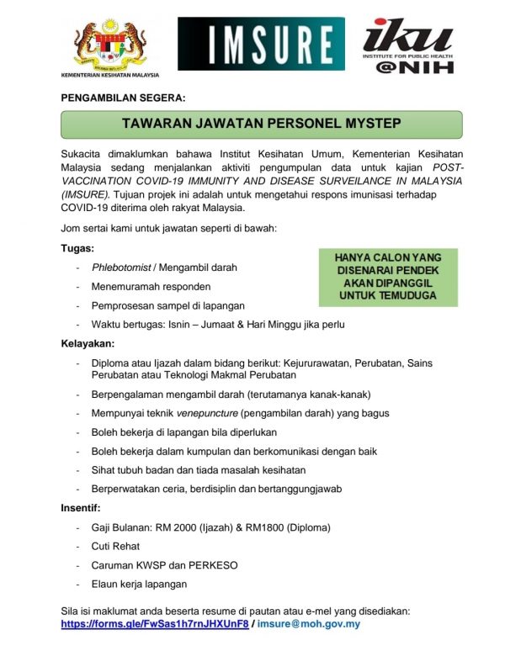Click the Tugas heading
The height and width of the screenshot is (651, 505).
(77, 249)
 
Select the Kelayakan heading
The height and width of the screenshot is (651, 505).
(88, 344)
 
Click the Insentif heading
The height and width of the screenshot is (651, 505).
(81, 508)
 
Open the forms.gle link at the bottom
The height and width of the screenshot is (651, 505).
(155, 625)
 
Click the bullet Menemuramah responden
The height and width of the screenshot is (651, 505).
(144, 287)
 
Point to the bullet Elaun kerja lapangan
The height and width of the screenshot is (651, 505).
(139, 584)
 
